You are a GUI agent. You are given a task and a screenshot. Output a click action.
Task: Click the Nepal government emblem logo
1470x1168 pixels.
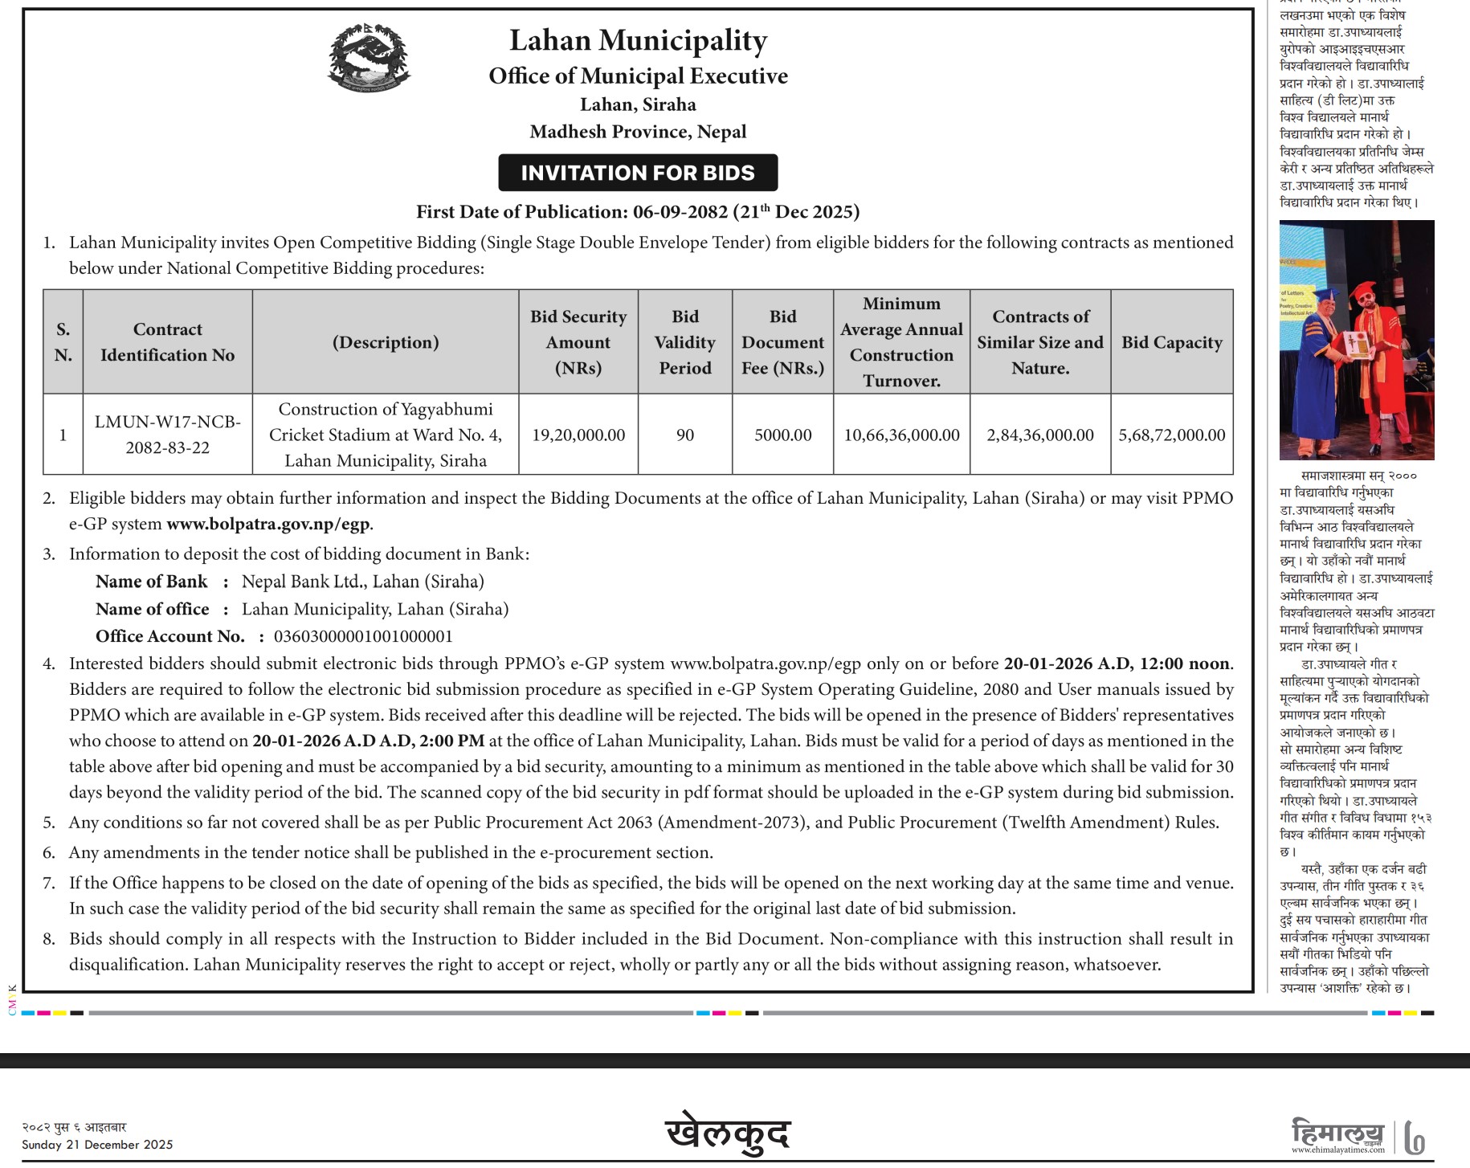[x=369, y=58]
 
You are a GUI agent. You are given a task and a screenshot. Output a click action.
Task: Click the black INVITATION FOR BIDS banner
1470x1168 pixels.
[x=638, y=173]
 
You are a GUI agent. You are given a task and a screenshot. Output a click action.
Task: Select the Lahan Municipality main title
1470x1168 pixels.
[x=638, y=40]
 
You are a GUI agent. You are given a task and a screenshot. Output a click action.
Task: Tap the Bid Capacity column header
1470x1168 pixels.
[x=1171, y=342]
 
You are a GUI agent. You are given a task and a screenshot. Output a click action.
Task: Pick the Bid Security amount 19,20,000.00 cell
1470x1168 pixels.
[x=578, y=435]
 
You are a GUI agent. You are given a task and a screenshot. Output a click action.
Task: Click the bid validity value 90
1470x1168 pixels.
[x=685, y=435]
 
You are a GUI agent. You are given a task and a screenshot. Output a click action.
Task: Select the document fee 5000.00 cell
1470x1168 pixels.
[x=782, y=435]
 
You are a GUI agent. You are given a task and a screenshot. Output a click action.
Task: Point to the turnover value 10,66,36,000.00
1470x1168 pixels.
[x=901, y=435]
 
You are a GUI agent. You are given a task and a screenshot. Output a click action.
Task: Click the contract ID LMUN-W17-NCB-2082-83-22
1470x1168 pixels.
[x=167, y=435]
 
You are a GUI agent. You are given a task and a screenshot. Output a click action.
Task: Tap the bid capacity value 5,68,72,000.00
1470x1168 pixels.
[x=1171, y=435]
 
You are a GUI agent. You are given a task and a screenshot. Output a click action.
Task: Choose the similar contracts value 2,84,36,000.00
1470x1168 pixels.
[x=1040, y=435]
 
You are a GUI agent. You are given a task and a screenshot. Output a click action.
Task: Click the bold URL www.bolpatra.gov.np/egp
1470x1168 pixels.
[x=268, y=525]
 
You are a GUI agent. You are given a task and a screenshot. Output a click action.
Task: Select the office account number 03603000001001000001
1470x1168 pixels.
[x=363, y=637]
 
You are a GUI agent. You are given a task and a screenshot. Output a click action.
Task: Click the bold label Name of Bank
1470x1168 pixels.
[x=151, y=582]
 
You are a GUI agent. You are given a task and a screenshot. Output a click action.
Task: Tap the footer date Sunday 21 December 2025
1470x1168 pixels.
[x=97, y=1145]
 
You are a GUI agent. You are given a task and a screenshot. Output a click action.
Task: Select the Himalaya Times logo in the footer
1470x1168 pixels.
[x=1338, y=1136]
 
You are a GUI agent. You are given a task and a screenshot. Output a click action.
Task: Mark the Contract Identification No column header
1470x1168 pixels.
[x=167, y=342]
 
